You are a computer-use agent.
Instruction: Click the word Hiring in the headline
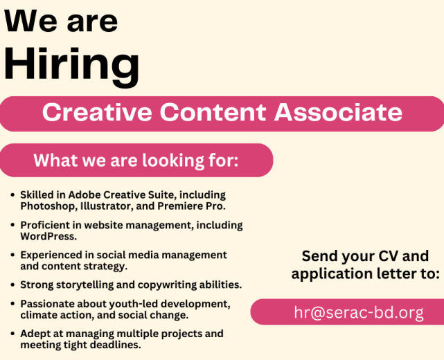(x=71, y=66)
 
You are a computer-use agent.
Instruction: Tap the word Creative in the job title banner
(x=97, y=112)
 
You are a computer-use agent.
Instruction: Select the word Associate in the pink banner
(x=338, y=112)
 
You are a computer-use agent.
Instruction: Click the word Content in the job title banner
(x=213, y=112)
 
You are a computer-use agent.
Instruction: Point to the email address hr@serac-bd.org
(x=359, y=312)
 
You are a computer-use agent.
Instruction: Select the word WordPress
(x=48, y=236)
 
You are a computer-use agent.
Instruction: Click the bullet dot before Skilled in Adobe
(x=12, y=195)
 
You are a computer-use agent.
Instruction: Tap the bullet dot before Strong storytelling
(x=12, y=285)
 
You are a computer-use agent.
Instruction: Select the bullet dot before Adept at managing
(x=12, y=334)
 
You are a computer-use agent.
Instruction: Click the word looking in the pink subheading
(x=173, y=161)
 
